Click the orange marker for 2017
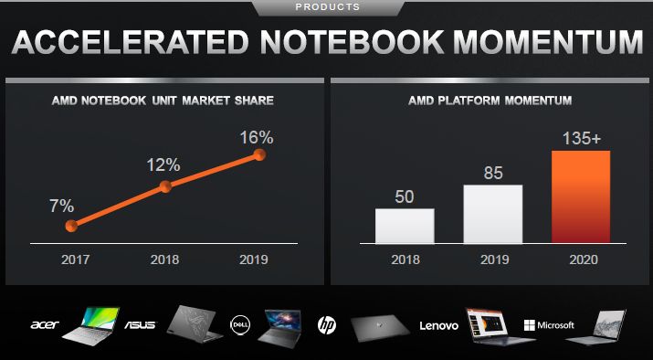click(x=71, y=226)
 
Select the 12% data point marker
click(x=165, y=186)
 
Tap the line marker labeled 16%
click(x=260, y=155)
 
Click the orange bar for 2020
click(x=581, y=196)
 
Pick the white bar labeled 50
click(x=405, y=226)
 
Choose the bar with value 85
click(x=493, y=214)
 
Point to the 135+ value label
click(x=582, y=139)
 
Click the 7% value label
click(x=62, y=206)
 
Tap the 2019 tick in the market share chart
click(x=254, y=259)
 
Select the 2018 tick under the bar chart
click(x=405, y=259)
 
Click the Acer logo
click(x=45, y=324)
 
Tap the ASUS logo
click(x=141, y=324)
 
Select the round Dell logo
click(x=240, y=325)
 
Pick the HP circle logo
click(x=327, y=325)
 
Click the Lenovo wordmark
click(x=439, y=325)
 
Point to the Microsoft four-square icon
click(x=529, y=325)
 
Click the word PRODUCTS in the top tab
click(x=327, y=7)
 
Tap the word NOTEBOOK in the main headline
click(x=353, y=42)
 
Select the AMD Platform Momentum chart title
click(x=490, y=101)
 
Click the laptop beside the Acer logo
click(x=91, y=323)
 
